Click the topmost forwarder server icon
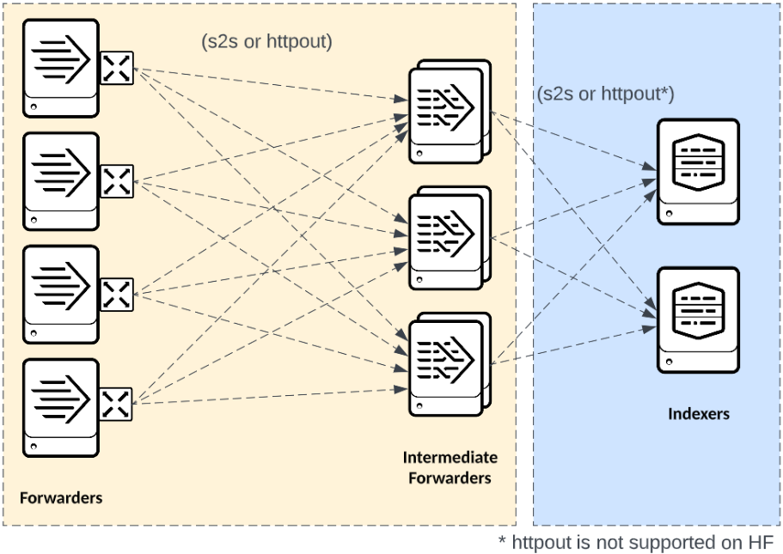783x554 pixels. [61, 67]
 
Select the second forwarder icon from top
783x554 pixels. [61, 180]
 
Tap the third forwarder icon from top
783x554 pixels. [61, 295]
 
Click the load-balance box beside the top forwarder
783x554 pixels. [117, 67]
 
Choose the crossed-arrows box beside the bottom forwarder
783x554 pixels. [117, 404]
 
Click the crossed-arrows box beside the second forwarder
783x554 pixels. [117, 181]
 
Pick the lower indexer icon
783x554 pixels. [698, 320]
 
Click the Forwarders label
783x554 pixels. [61, 497]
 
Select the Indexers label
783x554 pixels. [698, 414]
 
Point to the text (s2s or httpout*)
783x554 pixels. [605, 94]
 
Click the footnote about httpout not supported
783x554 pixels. [635, 542]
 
